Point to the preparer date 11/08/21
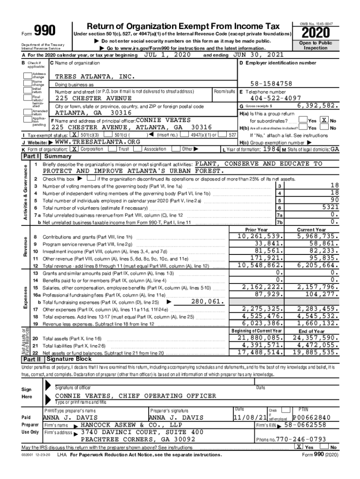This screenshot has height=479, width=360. point(250,417)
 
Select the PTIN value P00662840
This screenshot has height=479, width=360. point(311,417)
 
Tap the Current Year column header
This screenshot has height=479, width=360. point(311,230)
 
